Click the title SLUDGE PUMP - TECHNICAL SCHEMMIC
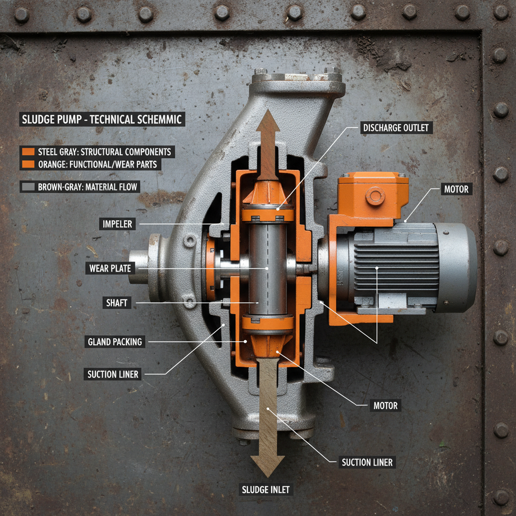click(x=102, y=120)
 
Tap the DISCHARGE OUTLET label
click(x=396, y=128)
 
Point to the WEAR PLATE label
click(x=110, y=269)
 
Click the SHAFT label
click(x=116, y=303)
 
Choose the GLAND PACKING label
click(x=115, y=342)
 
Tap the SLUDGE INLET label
click(x=266, y=490)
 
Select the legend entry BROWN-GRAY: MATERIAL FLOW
click(x=88, y=187)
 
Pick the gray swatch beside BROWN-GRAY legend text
click(x=28, y=187)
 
